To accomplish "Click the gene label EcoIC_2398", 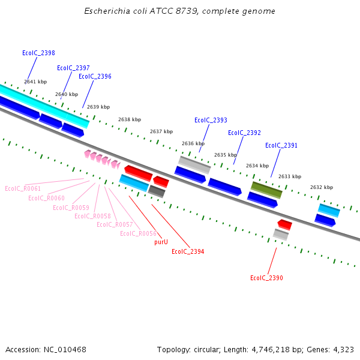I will (x=38, y=53).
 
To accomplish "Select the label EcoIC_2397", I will (x=73, y=68).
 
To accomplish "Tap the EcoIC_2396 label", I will (x=95, y=76).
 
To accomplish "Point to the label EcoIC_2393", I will (x=211, y=120).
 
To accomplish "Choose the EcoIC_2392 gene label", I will (x=244, y=133).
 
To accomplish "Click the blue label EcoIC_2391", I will (x=281, y=145).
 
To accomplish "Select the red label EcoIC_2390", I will (x=266, y=278).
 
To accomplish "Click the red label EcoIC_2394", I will (x=188, y=251).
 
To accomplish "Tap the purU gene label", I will (x=161, y=242).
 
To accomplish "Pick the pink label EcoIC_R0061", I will (x=23, y=188).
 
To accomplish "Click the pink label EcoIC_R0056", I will (x=138, y=233).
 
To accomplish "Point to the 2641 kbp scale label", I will (x=35, y=82).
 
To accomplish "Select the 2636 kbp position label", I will (x=193, y=143).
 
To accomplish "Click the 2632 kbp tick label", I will (x=322, y=187).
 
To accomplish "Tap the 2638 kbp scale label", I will (x=130, y=119).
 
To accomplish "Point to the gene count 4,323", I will (x=343, y=349).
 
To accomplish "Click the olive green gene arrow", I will (x=266, y=190).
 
